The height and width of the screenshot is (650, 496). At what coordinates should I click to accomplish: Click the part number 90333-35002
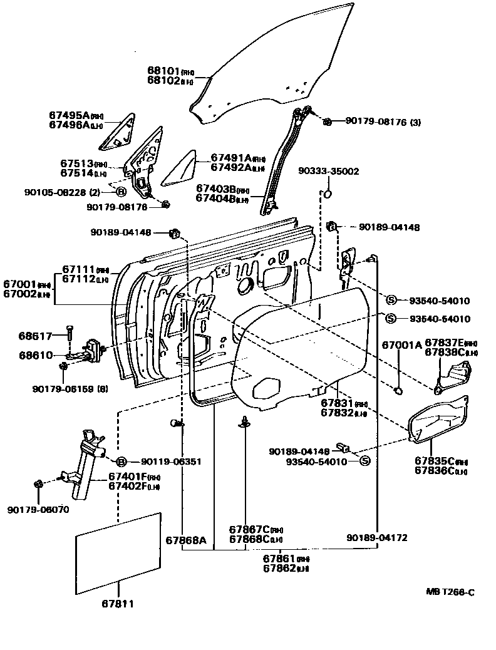tap(328, 170)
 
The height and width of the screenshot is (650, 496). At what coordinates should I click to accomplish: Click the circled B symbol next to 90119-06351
tap(121, 462)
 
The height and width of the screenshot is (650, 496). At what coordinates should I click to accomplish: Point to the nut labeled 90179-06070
tap(38, 484)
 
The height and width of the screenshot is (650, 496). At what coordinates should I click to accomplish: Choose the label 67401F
tap(129, 476)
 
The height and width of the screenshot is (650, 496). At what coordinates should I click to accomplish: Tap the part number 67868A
tap(186, 540)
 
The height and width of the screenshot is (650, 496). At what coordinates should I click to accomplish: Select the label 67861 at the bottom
tap(277, 558)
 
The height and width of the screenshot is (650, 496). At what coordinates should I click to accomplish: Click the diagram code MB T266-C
tap(450, 592)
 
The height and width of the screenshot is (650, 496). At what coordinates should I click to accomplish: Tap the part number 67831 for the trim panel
tap(336, 404)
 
